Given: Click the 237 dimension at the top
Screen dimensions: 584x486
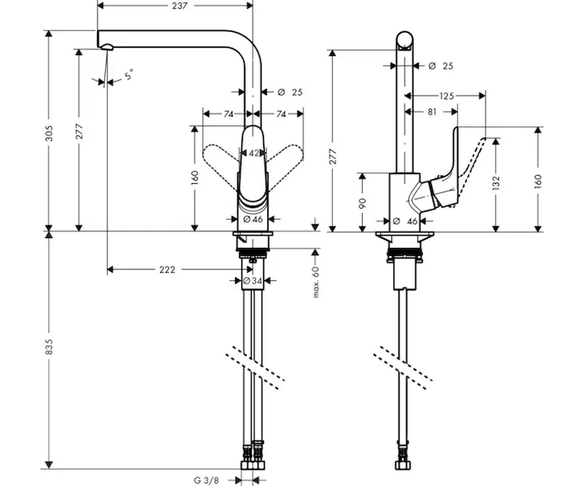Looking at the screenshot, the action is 180,6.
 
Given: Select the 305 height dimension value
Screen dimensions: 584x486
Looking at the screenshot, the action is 49,134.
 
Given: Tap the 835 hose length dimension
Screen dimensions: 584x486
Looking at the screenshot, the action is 49,347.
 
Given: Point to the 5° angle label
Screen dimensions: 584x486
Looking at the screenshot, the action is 129,75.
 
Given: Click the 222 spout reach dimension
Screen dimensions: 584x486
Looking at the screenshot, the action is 167,270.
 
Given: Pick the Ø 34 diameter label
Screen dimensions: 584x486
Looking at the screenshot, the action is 253,281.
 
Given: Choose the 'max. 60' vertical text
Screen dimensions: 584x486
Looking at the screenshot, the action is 316,282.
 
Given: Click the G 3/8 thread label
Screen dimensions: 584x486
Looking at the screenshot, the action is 207,480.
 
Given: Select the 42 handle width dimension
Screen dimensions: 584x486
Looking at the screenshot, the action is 254,153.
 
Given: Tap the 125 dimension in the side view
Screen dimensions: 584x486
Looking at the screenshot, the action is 447,96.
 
